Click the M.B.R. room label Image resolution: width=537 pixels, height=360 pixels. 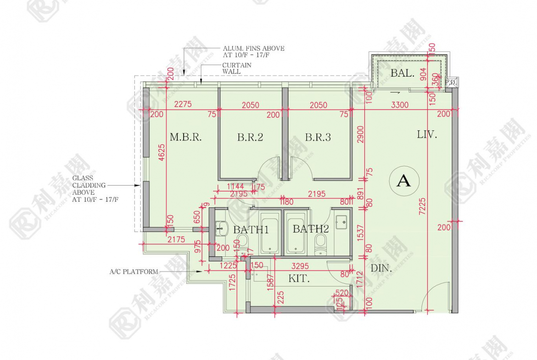tap(186, 137)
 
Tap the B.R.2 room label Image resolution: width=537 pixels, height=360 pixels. tap(250, 137)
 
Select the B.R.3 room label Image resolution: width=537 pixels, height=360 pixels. tap(318, 137)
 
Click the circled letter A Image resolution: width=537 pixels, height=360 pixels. tap(404, 181)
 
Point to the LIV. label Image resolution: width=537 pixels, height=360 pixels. tap(427, 135)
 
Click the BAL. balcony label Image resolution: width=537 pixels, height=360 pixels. tap(403, 73)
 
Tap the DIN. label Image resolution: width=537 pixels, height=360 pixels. tap(381, 269)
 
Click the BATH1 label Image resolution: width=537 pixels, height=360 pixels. tap(251, 229)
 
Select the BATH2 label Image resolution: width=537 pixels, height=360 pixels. tap(311, 229)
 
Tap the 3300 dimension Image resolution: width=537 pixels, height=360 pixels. tap(399, 105)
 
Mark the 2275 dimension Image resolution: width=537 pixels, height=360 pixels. tap(183, 105)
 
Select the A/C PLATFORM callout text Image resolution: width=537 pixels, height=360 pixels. tap(134, 271)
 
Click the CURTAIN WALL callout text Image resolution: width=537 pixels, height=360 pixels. tap(237, 68)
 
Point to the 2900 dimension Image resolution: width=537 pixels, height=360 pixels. tap(361, 135)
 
